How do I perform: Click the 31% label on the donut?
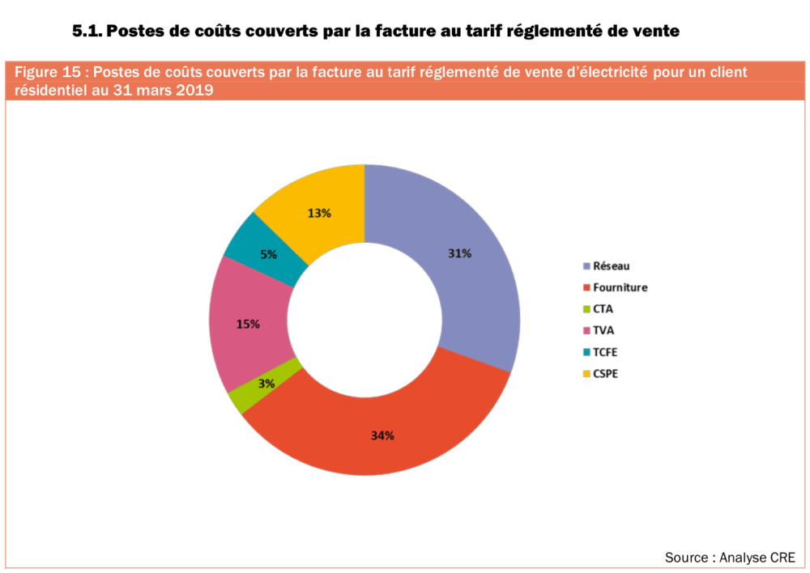pyautogui.click(x=459, y=253)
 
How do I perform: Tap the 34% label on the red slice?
pyautogui.click(x=382, y=435)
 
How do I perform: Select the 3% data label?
pyautogui.click(x=266, y=384)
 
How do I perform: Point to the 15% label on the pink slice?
pyautogui.click(x=248, y=324)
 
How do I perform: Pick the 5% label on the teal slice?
pyautogui.click(x=268, y=253)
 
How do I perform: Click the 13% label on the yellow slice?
pyautogui.click(x=319, y=213)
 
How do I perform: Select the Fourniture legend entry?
pyautogui.click(x=620, y=287)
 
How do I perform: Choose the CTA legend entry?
pyautogui.click(x=603, y=308)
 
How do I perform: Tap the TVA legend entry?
pyautogui.click(x=603, y=330)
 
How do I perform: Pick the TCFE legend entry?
pyautogui.click(x=605, y=352)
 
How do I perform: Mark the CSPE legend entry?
pyautogui.click(x=605, y=373)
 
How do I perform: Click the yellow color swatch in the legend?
pyautogui.click(x=586, y=374)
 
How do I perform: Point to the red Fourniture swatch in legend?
pyautogui.click(x=586, y=287)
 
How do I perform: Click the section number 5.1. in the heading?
pyautogui.click(x=87, y=32)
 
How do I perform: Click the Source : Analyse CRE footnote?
pyautogui.click(x=730, y=558)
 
